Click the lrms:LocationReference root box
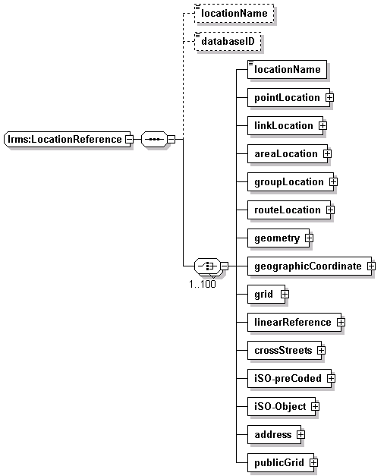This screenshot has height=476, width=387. pyautogui.click(x=67, y=140)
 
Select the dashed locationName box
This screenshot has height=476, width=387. pyautogui.click(x=234, y=14)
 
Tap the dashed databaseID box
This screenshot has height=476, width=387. pyautogui.click(x=228, y=41)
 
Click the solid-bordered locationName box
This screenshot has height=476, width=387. pyautogui.click(x=287, y=70)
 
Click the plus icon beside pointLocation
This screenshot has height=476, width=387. pyautogui.click(x=329, y=98)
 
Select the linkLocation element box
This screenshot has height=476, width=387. pyautogui.click(x=285, y=126)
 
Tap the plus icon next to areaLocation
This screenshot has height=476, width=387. pyautogui.click(x=327, y=154)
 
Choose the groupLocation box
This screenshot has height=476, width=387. pyautogui.click(x=291, y=182)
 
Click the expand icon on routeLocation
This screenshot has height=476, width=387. pyautogui.click(x=331, y=210)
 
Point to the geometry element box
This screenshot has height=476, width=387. pyautogui.click(x=278, y=238)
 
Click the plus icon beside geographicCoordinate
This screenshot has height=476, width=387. pyautogui.click(x=372, y=266)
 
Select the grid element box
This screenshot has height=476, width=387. pyautogui.click(x=266, y=294)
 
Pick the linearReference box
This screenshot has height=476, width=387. pyautogui.click(x=294, y=323)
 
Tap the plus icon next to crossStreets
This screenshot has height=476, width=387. pyautogui.click(x=321, y=351)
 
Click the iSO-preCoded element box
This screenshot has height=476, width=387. pyautogui.click(x=290, y=379)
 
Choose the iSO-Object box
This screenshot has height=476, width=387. pyautogui.click(x=282, y=407)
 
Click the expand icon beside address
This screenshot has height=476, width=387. pyautogui.click(x=300, y=435)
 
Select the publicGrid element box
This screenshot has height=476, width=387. pyautogui.click(x=281, y=463)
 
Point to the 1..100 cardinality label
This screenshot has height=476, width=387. pyautogui.click(x=203, y=284)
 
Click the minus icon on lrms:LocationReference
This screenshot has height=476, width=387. pyautogui.click(x=129, y=140)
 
